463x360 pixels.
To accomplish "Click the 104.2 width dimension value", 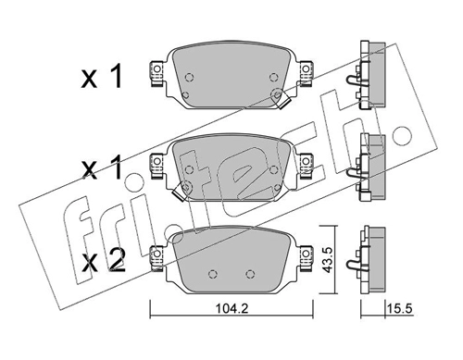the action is tap(231, 309).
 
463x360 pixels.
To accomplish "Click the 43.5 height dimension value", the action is tap(327, 259).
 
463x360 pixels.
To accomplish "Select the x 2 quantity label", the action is tap(103, 262).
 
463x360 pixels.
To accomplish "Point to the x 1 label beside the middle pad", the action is tap(102, 168).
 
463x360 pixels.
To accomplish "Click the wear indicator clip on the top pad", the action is tap(282, 102).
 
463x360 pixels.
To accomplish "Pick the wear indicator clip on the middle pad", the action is tap(179, 193).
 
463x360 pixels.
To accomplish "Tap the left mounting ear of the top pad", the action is tap(156, 73).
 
